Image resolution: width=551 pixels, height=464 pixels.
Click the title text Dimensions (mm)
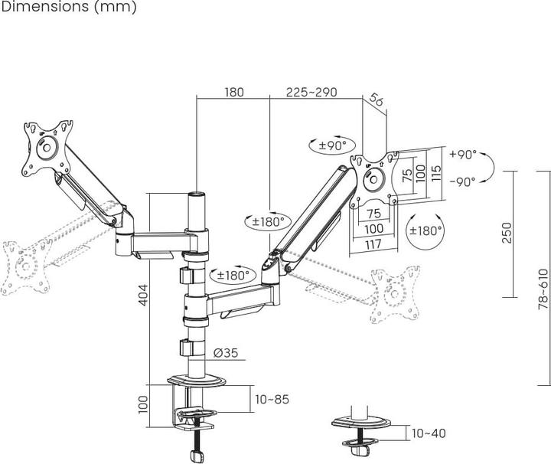pos(68,8)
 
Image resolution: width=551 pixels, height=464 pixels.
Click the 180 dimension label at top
pos(234,92)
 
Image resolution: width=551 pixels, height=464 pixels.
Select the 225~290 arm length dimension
pos(312,92)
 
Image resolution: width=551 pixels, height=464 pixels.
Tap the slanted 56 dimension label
pos(376,99)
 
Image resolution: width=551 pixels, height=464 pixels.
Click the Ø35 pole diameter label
pos(228,353)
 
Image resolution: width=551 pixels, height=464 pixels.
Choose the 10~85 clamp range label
pos(273,399)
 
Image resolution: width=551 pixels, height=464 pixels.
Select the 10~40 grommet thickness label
pos(429,433)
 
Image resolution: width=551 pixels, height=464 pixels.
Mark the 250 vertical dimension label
pos(506,233)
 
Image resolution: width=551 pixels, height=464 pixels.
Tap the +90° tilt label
pos(462,154)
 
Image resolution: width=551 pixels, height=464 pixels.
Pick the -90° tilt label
pos(462,181)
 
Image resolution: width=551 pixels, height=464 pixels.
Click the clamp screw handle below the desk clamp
pos(201,455)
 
